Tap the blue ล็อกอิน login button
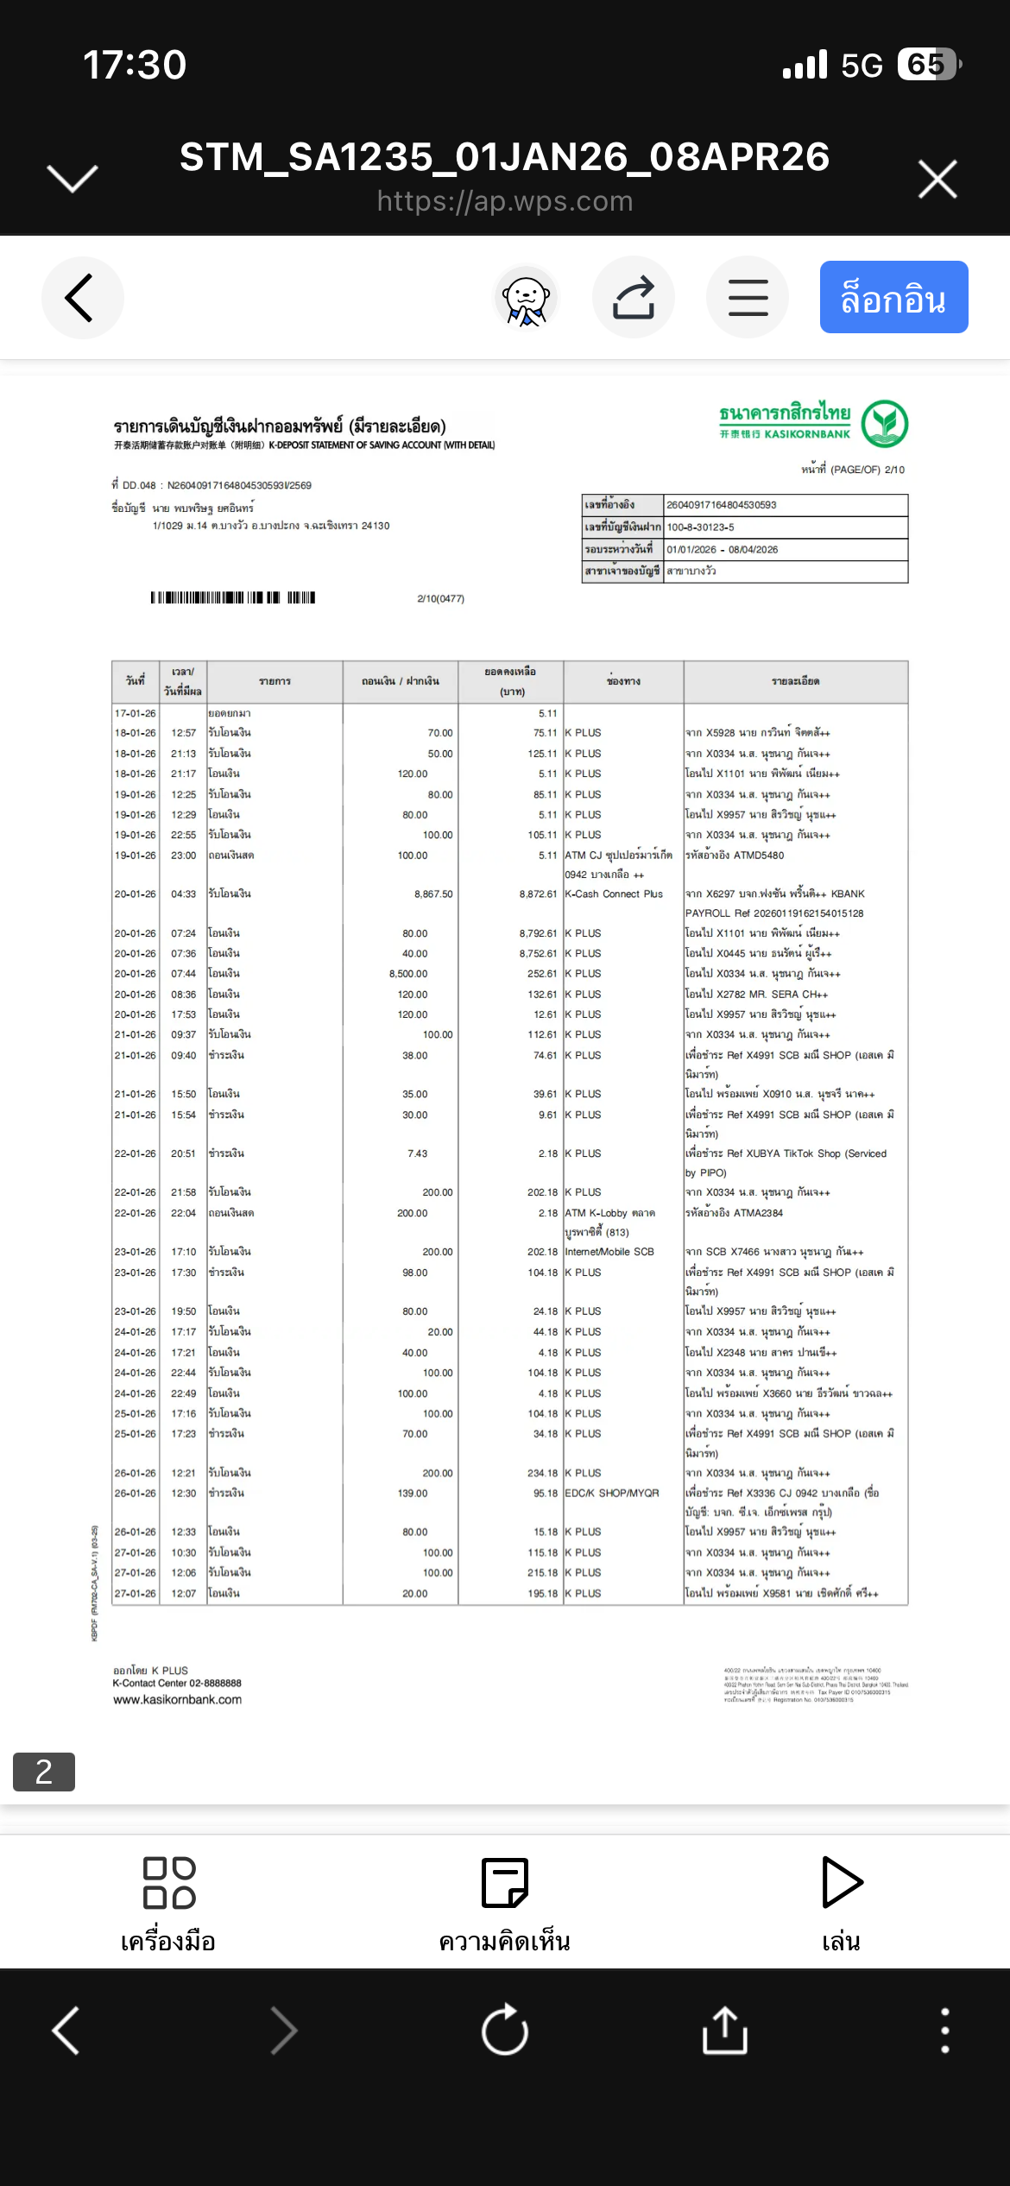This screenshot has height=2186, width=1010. pyautogui.click(x=893, y=297)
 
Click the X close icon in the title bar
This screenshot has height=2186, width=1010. pyautogui.click(x=937, y=179)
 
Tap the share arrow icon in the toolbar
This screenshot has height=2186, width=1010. pyautogui.click(x=633, y=297)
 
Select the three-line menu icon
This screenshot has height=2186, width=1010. pyautogui.click(x=748, y=297)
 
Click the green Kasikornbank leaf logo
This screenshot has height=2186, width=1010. pyautogui.click(x=884, y=423)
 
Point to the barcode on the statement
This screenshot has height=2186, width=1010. pyautogui.click(x=232, y=597)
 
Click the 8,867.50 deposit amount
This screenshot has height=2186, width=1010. pyautogui.click(x=432, y=894)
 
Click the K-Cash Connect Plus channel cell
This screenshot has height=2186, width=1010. pyautogui.click(x=613, y=894)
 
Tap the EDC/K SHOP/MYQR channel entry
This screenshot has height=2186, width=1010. pyautogui.click(x=611, y=1493)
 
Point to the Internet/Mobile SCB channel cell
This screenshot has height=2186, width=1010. pyautogui.click(x=609, y=1252)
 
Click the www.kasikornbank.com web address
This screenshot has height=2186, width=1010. pyautogui.click(x=177, y=1699)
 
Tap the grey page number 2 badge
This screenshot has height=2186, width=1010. pyautogui.click(x=44, y=1772)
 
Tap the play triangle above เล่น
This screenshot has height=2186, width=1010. pyautogui.click(x=841, y=1882)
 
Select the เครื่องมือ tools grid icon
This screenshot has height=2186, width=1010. pyautogui.click(x=168, y=1883)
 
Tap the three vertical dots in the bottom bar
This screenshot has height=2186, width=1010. pyautogui.click(x=945, y=2030)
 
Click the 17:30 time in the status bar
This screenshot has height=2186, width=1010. pyautogui.click(x=135, y=65)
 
